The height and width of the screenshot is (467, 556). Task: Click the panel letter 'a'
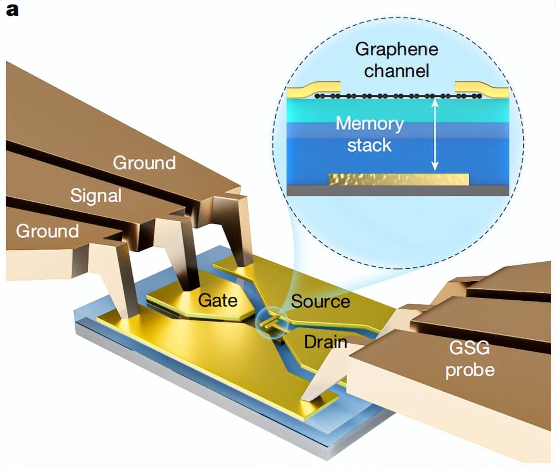click(12, 10)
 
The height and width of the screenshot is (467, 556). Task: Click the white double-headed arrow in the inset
click(434, 134)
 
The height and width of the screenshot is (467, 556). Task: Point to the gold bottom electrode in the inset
click(398, 179)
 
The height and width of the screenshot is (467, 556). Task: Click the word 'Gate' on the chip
click(218, 300)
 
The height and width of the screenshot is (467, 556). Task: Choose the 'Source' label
click(320, 301)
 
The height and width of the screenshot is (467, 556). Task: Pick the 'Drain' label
click(325, 342)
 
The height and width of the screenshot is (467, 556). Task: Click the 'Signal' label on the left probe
click(95, 195)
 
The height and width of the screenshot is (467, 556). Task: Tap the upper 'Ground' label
click(144, 163)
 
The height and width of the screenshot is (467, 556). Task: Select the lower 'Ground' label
click(47, 231)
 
